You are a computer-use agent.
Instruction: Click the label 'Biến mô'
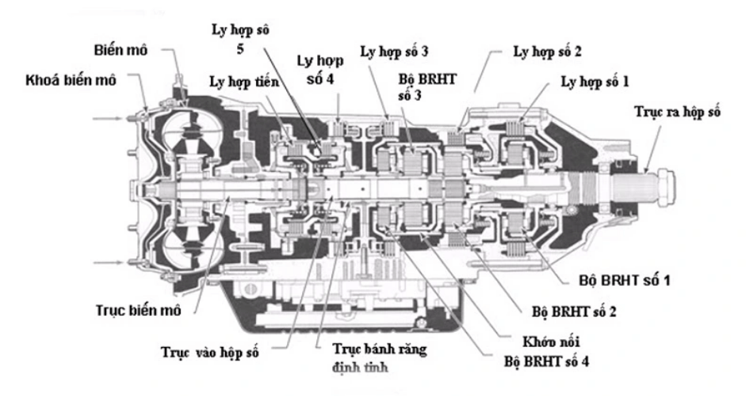coord(120,50)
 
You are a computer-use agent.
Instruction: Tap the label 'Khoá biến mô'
coord(71,80)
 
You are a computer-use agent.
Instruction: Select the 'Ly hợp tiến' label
coord(244,82)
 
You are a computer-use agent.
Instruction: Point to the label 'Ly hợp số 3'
coord(394,51)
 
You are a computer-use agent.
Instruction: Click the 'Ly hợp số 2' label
coord(547,51)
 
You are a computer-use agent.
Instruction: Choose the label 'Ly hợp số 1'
coord(594,82)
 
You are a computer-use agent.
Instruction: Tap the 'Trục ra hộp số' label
coord(678,112)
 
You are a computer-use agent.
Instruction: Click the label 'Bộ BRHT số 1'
coord(625,280)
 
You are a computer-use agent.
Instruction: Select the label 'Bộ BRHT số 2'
coord(574,311)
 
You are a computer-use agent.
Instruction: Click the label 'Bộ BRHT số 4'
coord(546,361)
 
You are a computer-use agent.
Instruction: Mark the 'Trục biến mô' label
coord(138,310)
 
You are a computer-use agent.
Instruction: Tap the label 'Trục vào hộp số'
coord(210,352)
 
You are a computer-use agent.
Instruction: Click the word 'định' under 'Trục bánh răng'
coord(346,367)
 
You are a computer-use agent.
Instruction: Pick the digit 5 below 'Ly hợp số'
coord(240,48)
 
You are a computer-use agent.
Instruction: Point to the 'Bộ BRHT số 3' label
coord(427,87)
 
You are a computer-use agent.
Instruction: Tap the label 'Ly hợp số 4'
coord(320,70)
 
